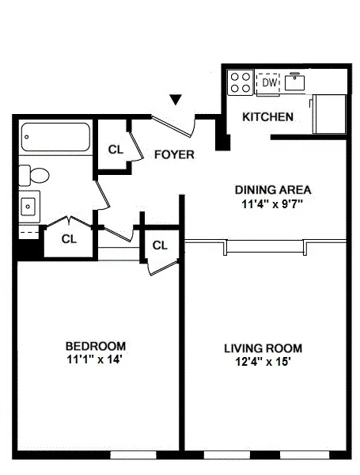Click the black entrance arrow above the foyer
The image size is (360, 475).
(x=176, y=99)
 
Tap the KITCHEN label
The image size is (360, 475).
(x=267, y=117)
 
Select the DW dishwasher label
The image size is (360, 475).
(x=269, y=82)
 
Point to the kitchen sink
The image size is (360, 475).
(x=297, y=82)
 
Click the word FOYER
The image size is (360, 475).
(x=173, y=154)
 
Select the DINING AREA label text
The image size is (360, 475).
(x=273, y=190)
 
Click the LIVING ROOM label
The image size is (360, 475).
(x=263, y=348)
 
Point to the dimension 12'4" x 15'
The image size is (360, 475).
(x=263, y=362)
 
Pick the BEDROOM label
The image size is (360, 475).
(x=95, y=346)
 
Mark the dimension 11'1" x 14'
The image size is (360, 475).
(x=95, y=359)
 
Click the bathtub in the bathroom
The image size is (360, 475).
(x=55, y=139)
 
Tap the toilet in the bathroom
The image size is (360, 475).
(x=35, y=174)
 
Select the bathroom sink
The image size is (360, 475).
(x=29, y=206)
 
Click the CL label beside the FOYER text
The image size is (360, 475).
(x=116, y=149)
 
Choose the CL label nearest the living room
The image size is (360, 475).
(x=160, y=245)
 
